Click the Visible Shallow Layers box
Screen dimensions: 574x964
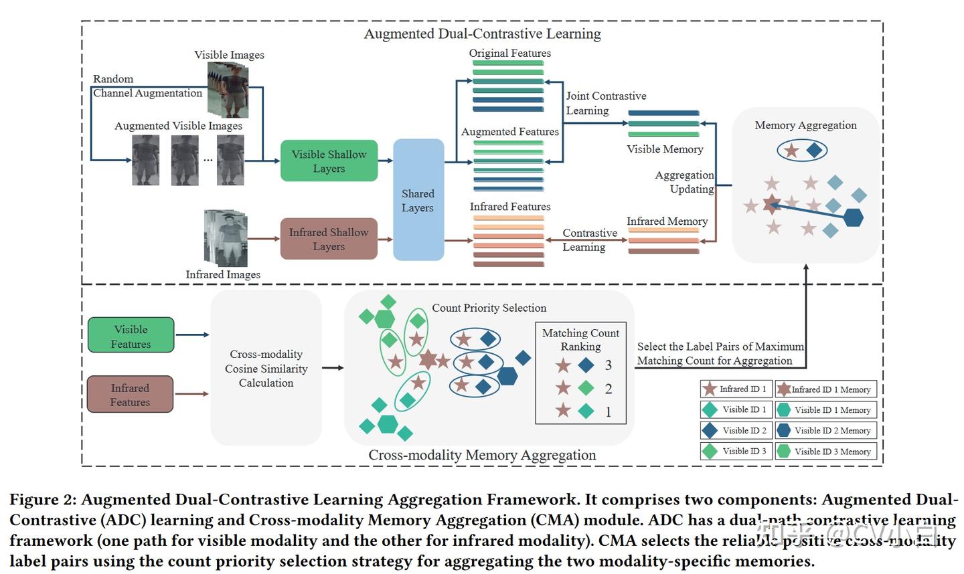pyautogui.click(x=329, y=161)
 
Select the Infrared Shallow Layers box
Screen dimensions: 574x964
pyautogui.click(x=329, y=239)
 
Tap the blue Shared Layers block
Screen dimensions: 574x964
pyautogui.click(x=418, y=200)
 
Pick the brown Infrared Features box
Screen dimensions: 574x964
pyautogui.click(x=130, y=395)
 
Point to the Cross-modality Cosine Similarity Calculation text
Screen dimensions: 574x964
pyautogui.click(x=266, y=369)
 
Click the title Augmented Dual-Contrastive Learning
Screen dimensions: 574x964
pyautogui.click(x=482, y=33)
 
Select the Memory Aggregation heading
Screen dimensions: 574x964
pyautogui.click(x=805, y=125)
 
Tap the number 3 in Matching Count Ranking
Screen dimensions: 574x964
pyautogui.click(x=608, y=365)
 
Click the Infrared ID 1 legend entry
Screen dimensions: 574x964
pyautogui.click(x=736, y=389)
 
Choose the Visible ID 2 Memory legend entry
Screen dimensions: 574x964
pyautogui.click(x=825, y=431)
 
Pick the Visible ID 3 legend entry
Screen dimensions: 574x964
pyautogui.click(x=736, y=452)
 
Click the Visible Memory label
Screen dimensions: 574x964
pyautogui.click(x=665, y=149)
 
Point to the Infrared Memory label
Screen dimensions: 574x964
pyautogui.click(x=667, y=221)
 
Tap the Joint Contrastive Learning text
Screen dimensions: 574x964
pyautogui.click(x=606, y=103)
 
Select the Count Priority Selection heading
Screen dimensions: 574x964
pyautogui.click(x=489, y=308)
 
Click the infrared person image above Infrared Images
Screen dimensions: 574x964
pyautogui.click(x=226, y=237)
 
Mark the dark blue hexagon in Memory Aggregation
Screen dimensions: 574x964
pyautogui.click(x=852, y=217)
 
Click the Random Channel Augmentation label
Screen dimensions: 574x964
pyautogui.click(x=147, y=86)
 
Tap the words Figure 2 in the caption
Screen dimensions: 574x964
pyautogui.click(x=43, y=500)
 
